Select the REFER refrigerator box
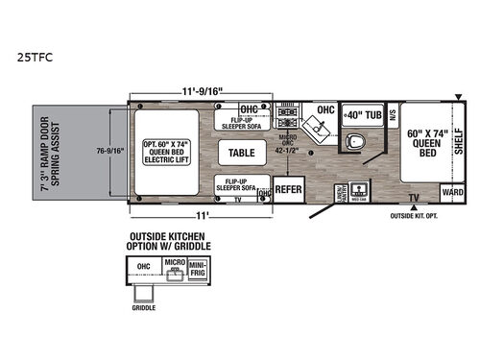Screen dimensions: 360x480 pos(289,189)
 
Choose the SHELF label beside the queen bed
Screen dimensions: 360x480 pos(458,126)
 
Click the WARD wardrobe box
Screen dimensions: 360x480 pos(452,190)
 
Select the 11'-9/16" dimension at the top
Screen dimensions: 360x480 pos(197,90)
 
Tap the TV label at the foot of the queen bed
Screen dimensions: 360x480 pos(414,198)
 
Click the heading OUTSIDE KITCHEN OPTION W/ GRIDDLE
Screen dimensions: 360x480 pos(170,239)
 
